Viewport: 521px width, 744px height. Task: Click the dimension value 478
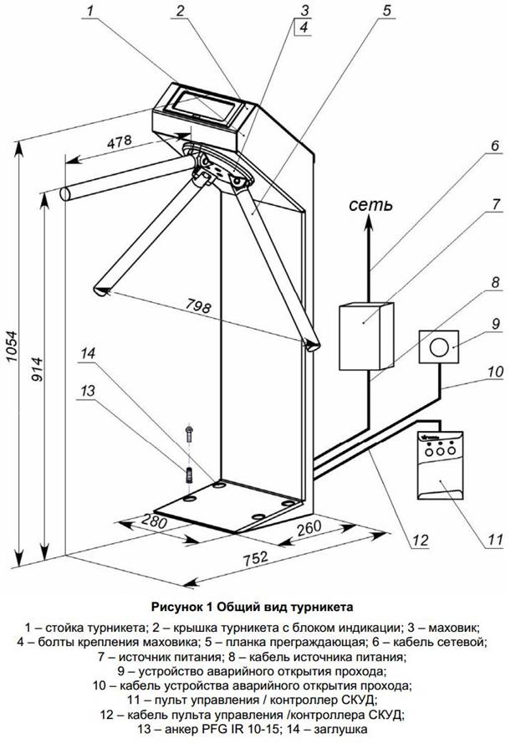pos(119,144)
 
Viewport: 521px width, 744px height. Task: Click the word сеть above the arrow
pos(369,204)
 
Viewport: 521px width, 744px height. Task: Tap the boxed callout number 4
pos(304,28)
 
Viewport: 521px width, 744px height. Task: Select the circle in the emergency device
pos(439,346)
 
